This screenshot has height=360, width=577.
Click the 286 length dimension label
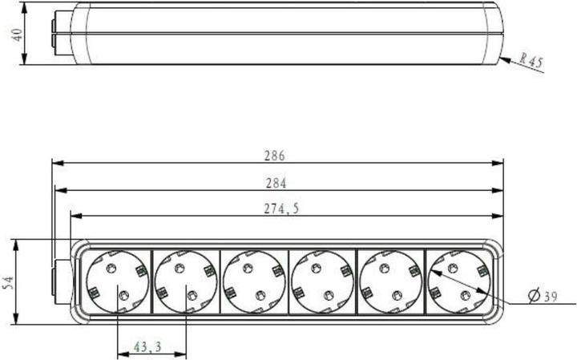(275, 156)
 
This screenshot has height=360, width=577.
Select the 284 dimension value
(275, 183)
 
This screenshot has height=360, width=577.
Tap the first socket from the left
(117, 281)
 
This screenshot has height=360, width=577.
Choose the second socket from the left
(186, 281)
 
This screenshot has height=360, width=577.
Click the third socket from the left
(254, 281)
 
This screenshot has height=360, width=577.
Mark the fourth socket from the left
(322, 281)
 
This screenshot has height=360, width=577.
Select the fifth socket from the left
(390, 281)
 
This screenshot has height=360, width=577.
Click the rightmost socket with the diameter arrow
(458, 281)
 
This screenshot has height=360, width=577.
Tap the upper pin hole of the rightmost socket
(453, 268)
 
